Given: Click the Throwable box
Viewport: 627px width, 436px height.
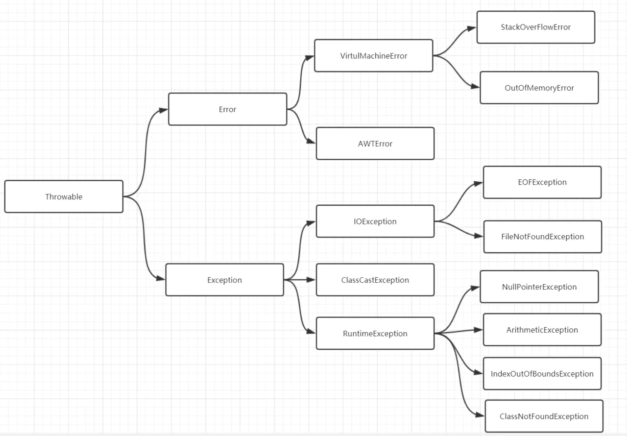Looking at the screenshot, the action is click(64, 196).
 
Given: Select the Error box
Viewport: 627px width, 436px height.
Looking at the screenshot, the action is click(228, 109).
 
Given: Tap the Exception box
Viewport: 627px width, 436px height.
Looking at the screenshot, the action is click(224, 280).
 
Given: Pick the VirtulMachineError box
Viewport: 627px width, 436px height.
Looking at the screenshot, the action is click(374, 56).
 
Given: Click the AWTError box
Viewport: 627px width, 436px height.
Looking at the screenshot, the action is click(375, 144).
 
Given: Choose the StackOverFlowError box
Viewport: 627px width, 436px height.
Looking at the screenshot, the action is click(536, 27).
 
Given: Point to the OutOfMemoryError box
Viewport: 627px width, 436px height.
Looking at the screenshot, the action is click(539, 88).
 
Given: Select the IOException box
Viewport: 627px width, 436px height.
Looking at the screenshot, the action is click(375, 221).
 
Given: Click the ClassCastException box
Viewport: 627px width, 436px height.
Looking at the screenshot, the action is click(375, 280).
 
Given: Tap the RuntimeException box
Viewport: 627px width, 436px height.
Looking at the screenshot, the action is click(375, 333).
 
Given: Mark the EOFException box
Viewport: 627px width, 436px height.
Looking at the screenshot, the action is click(542, 182).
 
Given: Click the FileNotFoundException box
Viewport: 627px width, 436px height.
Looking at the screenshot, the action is click(542, 237).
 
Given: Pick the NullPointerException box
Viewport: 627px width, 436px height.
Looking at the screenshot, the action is click(539, 287).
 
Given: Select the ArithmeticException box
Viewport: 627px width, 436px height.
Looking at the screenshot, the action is click(542, 330).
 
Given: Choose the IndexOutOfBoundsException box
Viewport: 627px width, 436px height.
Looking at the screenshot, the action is click(542, 374).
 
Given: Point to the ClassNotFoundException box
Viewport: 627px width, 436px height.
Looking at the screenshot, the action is click(544, 416).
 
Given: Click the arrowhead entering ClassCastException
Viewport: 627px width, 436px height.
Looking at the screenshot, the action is click(311, 280).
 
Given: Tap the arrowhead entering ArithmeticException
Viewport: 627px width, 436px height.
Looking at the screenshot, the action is click(479, 330).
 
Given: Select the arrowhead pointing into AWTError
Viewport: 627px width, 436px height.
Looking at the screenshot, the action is click(311, 141).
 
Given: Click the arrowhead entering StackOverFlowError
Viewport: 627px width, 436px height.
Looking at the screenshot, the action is click(472, 28).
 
